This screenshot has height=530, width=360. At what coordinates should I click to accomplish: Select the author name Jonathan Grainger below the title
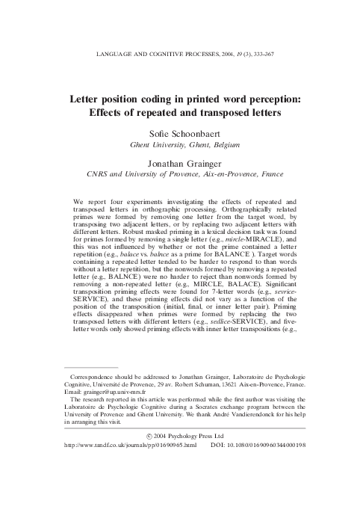coord(179,162)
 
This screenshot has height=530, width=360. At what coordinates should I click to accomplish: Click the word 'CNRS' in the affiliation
coord(97,173)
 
